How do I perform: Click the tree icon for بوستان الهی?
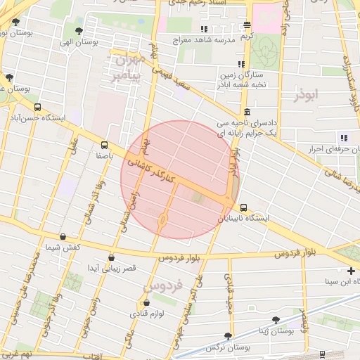pyautogui.click(x=77, y=32)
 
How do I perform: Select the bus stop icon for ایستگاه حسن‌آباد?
pyautogui.click(x=37, y=108)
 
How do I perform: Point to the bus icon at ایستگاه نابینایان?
pyautogui.click(x=244, y=207)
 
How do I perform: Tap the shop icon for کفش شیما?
pyautogui.click(x=64, y=236)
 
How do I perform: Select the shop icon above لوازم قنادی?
pyautogui.click(x=140, y=303)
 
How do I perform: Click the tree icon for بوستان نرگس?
pyautogui.click(x=227, y=337)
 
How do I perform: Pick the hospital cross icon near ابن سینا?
pyautogui.click(x=351, y=271)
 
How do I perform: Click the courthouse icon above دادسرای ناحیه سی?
pyautogui.click(x=247, y=112)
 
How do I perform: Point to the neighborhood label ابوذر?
pyautogui.click(x=307, y=93)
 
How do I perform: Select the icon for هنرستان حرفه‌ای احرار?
pyautogui.click(x=344, y=138)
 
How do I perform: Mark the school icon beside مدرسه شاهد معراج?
pyautogui.click(x=204, y=30)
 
